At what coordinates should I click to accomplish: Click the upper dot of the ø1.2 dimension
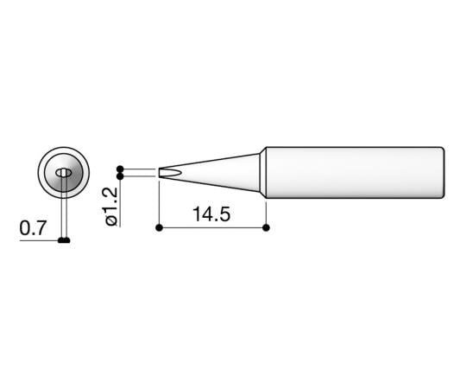(120, 169)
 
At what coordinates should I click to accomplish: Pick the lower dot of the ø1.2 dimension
(120, 177)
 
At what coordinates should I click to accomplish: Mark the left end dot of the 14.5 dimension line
(160, 228)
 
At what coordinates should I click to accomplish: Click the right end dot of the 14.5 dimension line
(266, 228)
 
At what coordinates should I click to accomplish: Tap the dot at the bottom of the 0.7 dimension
(63, 240)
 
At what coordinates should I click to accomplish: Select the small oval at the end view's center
(63, 174)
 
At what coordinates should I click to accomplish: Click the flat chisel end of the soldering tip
(161, 173)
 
